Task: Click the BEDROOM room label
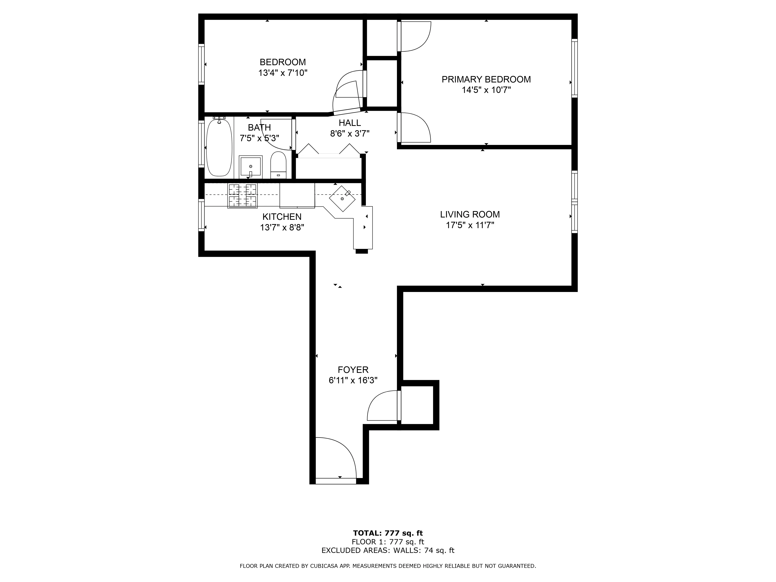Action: tap(282, 62)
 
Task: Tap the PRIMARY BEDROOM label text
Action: tap(486, 79)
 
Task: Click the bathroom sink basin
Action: tap(250, 166)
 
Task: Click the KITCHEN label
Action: tap(282, 217)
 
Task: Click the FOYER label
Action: tap(353, 370)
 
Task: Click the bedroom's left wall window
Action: tap(201, 64)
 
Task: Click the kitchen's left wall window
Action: tap(201, 215)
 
